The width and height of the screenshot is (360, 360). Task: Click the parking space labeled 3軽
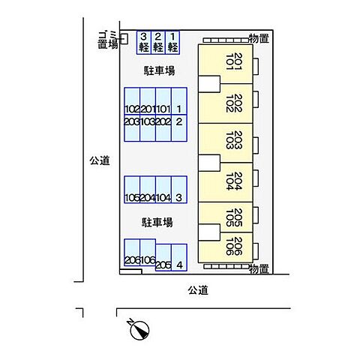click(x=143, y=42)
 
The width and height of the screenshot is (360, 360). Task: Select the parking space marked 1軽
click(x=173, y=42)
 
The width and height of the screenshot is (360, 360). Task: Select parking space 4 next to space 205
click(x=178, y=259)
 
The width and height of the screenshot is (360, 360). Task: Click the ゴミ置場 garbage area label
click(x=107, y=40)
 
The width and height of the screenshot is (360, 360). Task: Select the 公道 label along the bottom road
click(x=198, y=289)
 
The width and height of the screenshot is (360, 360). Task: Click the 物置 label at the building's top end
click(x=259, y=37)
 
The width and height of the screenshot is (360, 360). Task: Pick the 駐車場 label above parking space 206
click(x=158, y=223)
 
